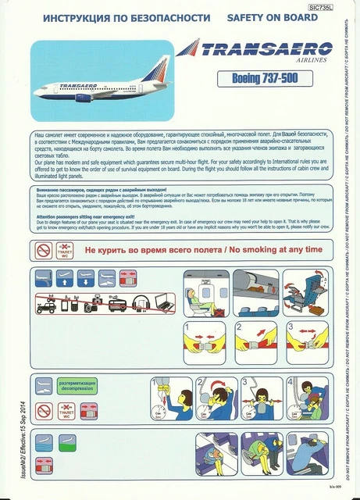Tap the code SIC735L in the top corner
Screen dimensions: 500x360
(320, 6)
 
